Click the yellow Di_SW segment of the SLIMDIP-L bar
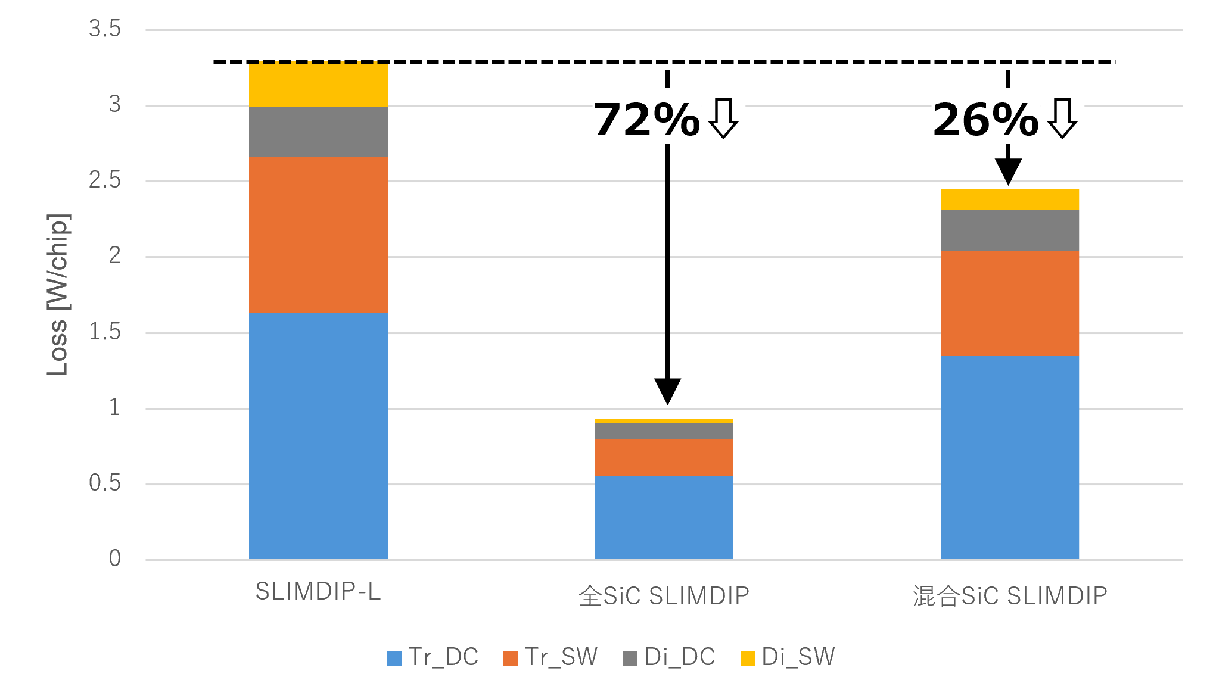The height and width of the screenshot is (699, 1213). point(318,85)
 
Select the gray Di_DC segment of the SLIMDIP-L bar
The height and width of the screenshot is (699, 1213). point(318,132)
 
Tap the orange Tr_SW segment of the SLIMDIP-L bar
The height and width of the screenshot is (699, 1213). point(318,235)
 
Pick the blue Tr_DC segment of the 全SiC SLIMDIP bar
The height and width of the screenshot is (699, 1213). point(664,517)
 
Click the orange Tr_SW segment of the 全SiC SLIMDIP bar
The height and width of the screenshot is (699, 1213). point(664,457)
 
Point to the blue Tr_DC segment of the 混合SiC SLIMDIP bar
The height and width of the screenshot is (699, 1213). point(1009,457)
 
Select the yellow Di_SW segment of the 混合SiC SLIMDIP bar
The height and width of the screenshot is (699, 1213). point(1009,199)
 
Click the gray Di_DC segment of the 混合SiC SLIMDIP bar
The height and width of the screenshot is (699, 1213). point(1009,230)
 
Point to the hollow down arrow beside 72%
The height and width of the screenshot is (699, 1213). point(723,118)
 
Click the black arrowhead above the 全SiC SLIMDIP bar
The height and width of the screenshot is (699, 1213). point(667,391)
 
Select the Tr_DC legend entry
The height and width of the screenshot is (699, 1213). point(433,657)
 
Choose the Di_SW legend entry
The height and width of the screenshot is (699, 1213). point(788,657)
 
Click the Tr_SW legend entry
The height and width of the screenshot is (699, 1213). point(550,657)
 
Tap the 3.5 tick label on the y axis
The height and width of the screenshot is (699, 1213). point(105,29)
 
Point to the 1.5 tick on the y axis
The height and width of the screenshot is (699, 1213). point(105,332)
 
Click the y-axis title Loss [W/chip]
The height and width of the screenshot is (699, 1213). point(58,294)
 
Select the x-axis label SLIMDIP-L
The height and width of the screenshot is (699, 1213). point(318,591)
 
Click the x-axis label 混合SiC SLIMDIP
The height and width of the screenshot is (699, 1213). point(1010,595)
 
